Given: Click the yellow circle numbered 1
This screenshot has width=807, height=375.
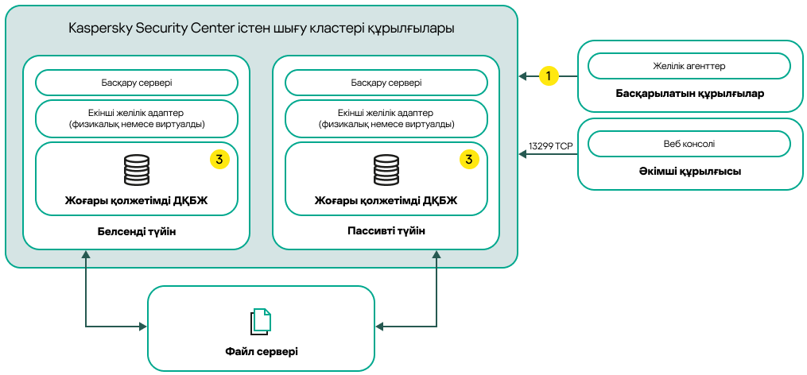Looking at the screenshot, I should [x=549, y=76].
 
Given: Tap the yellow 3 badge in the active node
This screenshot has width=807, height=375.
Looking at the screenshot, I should [x=219, y=159].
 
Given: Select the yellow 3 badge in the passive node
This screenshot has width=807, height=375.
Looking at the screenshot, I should [x=469, y=159].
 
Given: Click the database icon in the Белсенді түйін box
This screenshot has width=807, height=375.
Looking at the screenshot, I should [x=137, y=170].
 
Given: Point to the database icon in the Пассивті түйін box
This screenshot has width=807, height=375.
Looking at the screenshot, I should [x=386, y=170].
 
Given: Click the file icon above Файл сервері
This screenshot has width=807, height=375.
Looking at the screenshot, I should [x=261, y=320].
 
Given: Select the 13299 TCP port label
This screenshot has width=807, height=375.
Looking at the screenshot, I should [x=550, y=146].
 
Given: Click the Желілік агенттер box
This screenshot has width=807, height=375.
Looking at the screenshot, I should [x=689, y=66].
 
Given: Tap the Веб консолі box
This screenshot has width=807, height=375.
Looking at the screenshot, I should [x=689, y=144].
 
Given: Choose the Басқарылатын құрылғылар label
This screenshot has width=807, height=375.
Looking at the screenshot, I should [x=689, y=94].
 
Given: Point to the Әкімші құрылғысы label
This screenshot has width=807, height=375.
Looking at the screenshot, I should [x=689, y=171].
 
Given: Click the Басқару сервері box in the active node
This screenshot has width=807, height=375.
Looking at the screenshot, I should [x=137, y=83].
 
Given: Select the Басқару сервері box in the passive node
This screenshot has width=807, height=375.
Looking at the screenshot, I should [x=386, y=83].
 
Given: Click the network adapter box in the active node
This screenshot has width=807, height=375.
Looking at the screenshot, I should [x=137, y=118].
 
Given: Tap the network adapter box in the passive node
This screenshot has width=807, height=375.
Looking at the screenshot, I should [x=386, y=118].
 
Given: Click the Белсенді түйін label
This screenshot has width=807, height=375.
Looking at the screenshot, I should [x=137, y=231].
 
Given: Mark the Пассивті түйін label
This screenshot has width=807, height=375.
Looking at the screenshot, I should [x=386, y=231].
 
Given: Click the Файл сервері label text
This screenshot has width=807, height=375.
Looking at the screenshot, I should [x=261, y=350].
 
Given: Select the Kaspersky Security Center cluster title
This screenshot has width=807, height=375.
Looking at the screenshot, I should [x=262, y=29].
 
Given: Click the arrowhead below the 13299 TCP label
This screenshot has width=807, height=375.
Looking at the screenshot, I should [x=523, y=155].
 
